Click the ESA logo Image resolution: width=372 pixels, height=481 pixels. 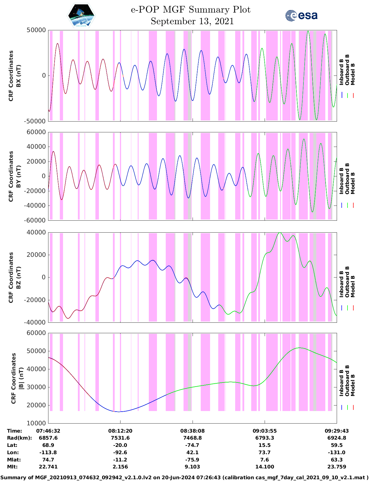[x=301, y=15]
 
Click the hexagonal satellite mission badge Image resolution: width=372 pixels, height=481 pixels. [x=81, y=15]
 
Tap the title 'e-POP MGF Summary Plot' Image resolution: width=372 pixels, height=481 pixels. [x=191, y=10]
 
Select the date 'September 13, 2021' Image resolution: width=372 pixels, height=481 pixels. [x=192, y=21]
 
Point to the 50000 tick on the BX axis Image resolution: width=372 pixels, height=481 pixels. [x=36, y=30]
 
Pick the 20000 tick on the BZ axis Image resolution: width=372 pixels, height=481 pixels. [x=36, y=255]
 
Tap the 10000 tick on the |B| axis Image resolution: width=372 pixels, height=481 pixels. [x=36, y=423]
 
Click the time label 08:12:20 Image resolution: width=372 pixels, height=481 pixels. [x=120, y=431]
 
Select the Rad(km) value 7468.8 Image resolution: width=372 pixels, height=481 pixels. [x=192, y=438]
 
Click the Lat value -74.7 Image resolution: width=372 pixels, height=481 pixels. [x=192, y=445]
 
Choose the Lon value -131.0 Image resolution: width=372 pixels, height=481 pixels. [x=337, y=452]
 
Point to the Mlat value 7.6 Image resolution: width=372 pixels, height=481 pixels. [x=265, y=460]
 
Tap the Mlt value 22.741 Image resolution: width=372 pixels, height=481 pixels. [x=48, y=467]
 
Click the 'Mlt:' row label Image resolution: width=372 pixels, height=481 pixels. [x=12, y=467]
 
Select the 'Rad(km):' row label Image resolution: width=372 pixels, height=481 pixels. [x=20, y=438]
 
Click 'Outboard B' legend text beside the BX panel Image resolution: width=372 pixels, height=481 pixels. [x=347, y=70]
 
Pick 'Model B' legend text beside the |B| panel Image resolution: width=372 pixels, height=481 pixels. [x=353, y=385]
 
